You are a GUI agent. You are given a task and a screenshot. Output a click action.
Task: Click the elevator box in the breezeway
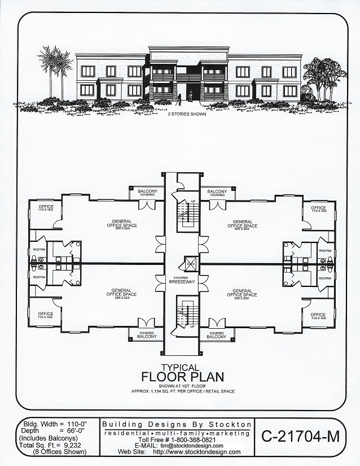190,264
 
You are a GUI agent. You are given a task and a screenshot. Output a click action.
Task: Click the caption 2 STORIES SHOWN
181,114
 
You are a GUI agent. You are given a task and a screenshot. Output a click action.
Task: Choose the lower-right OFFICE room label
318,316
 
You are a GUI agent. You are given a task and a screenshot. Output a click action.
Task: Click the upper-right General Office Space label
242,224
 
